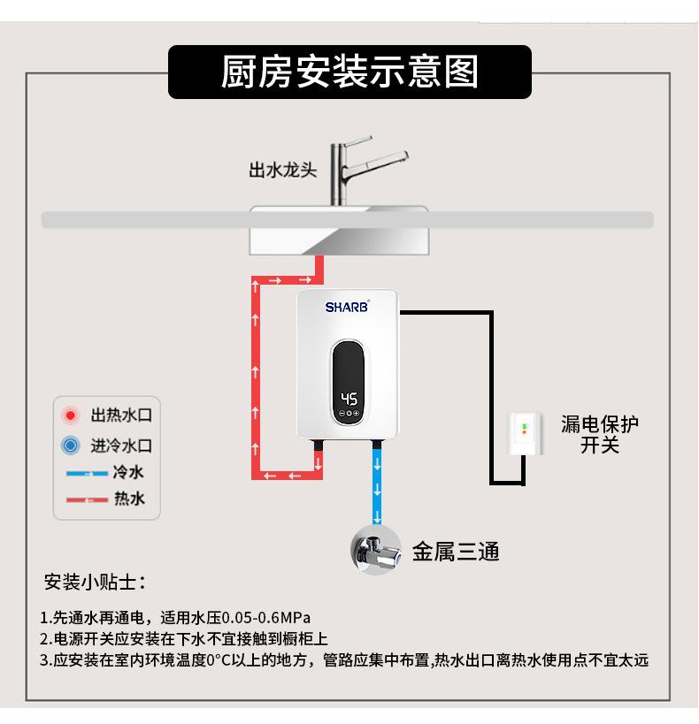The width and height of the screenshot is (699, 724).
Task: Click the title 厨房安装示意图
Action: tap(349, 72)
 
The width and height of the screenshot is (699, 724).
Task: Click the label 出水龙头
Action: tap(282, 170)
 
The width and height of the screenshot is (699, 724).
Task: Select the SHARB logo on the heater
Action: tap(347, 308)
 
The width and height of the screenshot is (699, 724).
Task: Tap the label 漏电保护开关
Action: tap(599, 434)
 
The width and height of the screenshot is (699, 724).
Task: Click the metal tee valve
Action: tap(377, 552)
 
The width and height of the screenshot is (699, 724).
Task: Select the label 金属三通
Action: tap(456, 553)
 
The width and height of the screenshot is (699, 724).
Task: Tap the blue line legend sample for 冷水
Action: tap(87, 473)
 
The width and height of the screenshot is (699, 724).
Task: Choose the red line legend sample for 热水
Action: tap(87, 499)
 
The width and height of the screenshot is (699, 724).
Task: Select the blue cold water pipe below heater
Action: tap(378, 486)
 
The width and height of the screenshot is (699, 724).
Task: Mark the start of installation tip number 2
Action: tap(45, 638)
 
